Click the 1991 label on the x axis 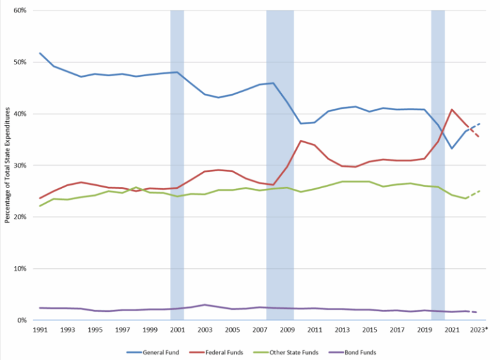point(40,330)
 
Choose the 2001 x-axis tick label point(177,330)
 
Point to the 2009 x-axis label point(286,330)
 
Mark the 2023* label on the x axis point(479,330)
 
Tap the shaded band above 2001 point(177,163)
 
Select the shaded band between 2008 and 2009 point(280,163)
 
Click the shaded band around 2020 point(438,163)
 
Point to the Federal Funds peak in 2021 point(452,109)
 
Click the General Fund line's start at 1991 point(40,53)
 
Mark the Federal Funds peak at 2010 point(301,141)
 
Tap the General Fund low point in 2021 point(452,148)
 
